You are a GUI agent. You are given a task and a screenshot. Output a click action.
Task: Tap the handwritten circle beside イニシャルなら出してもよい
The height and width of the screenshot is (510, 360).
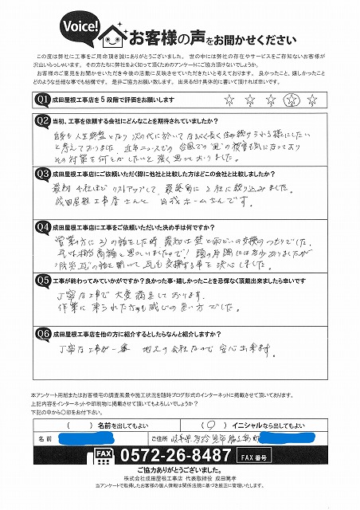coord(207,424)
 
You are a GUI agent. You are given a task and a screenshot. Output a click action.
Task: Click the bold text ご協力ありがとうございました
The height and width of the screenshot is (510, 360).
coord(180,472)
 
